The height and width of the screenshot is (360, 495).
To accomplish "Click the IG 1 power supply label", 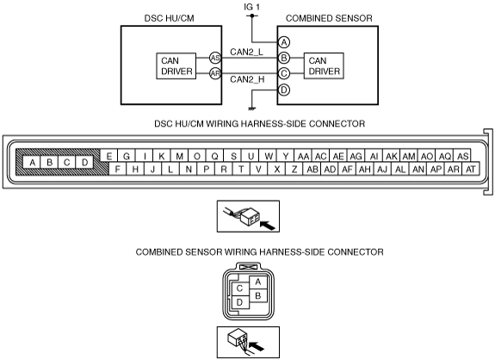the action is click(251, 7).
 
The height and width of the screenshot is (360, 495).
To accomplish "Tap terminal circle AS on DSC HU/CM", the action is click(215, 58).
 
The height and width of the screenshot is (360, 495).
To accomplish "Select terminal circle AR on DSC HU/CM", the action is click(215, 73).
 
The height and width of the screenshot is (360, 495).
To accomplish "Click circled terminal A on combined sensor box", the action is click(284, 42).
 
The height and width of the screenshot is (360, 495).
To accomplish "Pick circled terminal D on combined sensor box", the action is click(284, 90).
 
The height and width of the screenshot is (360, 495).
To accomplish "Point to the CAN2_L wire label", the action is click(246, 52).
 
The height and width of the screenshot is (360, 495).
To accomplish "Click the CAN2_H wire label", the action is click(247, 79).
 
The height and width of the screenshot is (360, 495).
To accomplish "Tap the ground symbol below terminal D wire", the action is click(251, 109).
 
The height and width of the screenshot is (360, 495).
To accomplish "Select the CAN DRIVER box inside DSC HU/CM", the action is click(176, 65).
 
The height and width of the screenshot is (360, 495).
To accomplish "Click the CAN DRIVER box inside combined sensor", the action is click(324, 65).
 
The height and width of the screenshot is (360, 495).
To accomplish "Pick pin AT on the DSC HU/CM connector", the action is click(471, 170).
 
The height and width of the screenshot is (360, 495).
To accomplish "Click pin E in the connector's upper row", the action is click(109, 156).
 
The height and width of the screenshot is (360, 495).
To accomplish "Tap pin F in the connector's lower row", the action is click(117, 170).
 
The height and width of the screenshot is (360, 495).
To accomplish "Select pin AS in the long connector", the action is click(462, 156).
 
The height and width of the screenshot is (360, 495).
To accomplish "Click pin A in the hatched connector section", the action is click(32, 162).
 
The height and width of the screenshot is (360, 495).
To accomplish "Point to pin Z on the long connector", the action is click(294, 170).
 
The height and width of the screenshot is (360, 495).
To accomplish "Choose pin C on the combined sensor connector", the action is click(239, 289).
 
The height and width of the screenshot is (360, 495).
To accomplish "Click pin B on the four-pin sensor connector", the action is click(258, 295).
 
